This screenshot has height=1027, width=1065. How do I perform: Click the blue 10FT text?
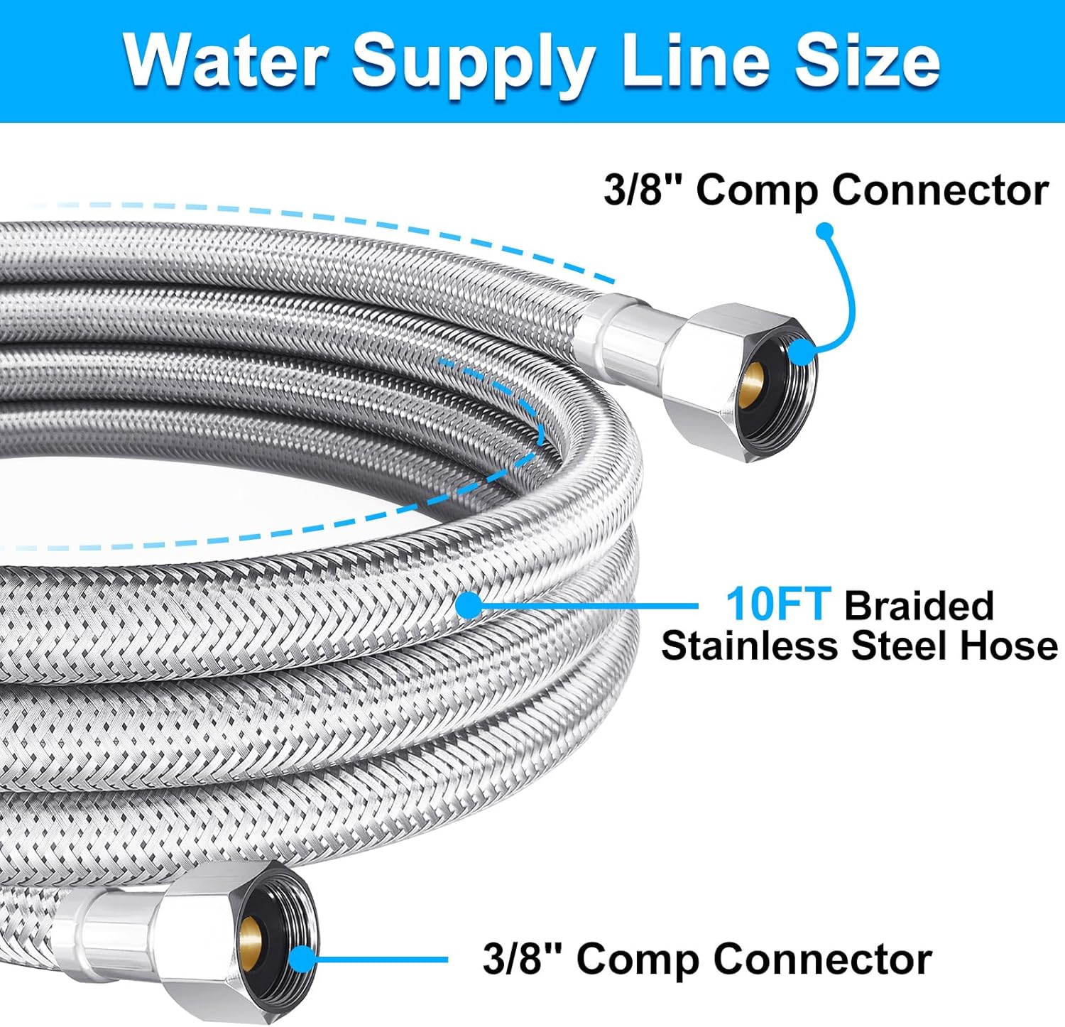[777, 605]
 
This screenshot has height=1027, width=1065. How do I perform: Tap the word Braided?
[919, 605]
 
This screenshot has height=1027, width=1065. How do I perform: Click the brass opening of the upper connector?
[749, 384]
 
